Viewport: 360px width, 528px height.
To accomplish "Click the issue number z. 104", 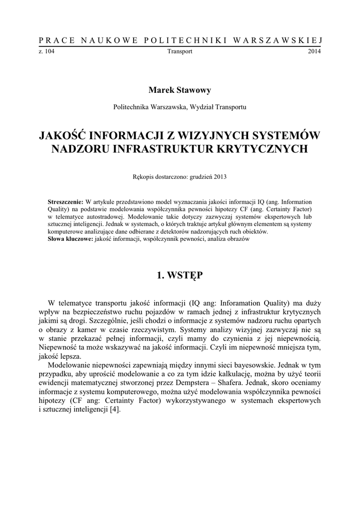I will click(x=46, y=52).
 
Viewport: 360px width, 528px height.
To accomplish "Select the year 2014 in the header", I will click(x=315, y=52).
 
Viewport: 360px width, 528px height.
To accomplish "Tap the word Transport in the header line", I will click(x=180, y=52).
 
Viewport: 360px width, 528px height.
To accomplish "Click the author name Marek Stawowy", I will click(x=179, y=90).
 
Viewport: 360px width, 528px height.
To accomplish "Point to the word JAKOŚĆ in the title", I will click(x=63, y=136).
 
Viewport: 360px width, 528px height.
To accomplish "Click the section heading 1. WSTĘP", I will click(x=180, y=276).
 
